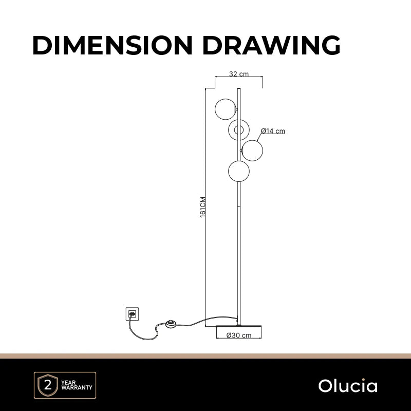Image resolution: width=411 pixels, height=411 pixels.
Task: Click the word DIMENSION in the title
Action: (113, 45)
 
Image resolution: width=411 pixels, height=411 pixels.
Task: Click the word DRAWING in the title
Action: (272, 45)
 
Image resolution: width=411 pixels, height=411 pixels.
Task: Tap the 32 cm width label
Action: (239, 74)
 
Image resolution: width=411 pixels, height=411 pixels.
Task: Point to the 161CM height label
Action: (203, 207)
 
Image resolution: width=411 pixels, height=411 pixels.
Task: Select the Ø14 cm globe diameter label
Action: (273, 131)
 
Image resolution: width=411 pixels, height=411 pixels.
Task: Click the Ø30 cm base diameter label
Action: (239, 335)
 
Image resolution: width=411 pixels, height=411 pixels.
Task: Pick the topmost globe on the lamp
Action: (225, 109)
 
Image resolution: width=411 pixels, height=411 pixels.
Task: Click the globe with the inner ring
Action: (239, 130)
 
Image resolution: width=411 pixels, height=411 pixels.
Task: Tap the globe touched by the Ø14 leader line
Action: (252, 151)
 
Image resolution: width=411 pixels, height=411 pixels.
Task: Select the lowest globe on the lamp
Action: (239, 171)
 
